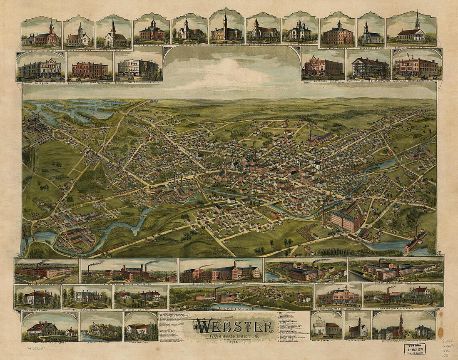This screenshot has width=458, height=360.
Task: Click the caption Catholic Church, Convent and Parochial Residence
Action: coord(404,343)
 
